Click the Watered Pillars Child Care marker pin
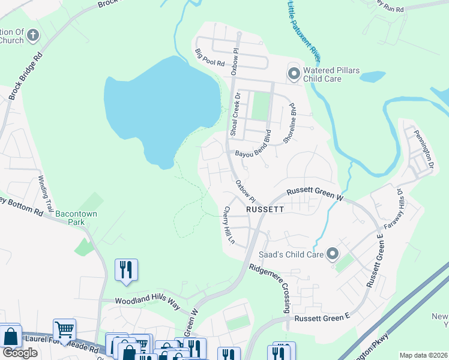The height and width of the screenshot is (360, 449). coord(294,74)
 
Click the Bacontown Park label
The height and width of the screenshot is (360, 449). coord(76,214)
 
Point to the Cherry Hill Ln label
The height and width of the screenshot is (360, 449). coord(228,226)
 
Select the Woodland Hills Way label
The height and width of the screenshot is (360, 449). coord(147,302)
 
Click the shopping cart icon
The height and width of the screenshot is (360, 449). coord(64,329)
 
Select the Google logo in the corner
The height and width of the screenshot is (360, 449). coord(20,353)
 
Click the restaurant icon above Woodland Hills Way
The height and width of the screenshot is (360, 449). coord(126,269)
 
